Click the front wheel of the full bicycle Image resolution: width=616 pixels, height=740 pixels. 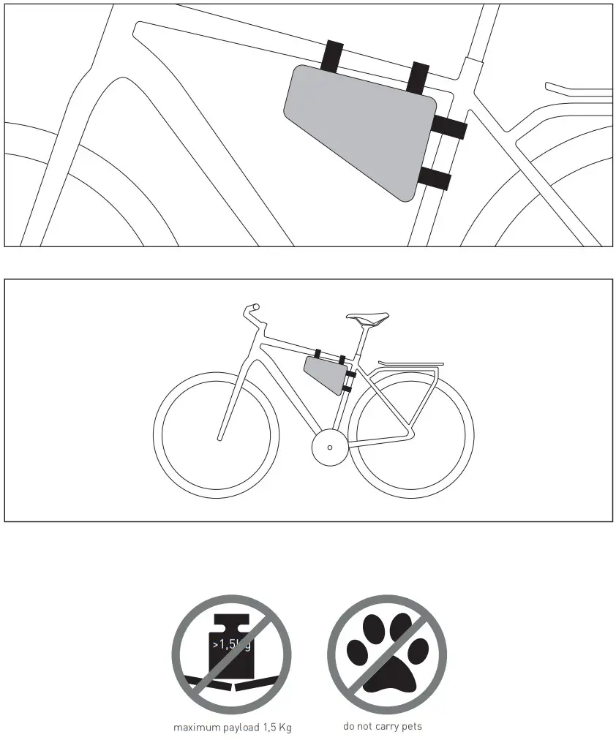tap(217, 437)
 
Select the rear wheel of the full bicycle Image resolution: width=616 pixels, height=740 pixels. tap(410, 437)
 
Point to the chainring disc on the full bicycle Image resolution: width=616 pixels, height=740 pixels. tap(329, 447)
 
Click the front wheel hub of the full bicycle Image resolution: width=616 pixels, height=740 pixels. tap(218, 439)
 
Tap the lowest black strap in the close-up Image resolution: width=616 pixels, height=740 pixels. tap(435, 178)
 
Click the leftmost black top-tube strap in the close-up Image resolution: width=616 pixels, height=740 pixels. tap(333, 56)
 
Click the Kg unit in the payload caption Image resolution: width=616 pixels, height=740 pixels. tap(285, 728)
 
